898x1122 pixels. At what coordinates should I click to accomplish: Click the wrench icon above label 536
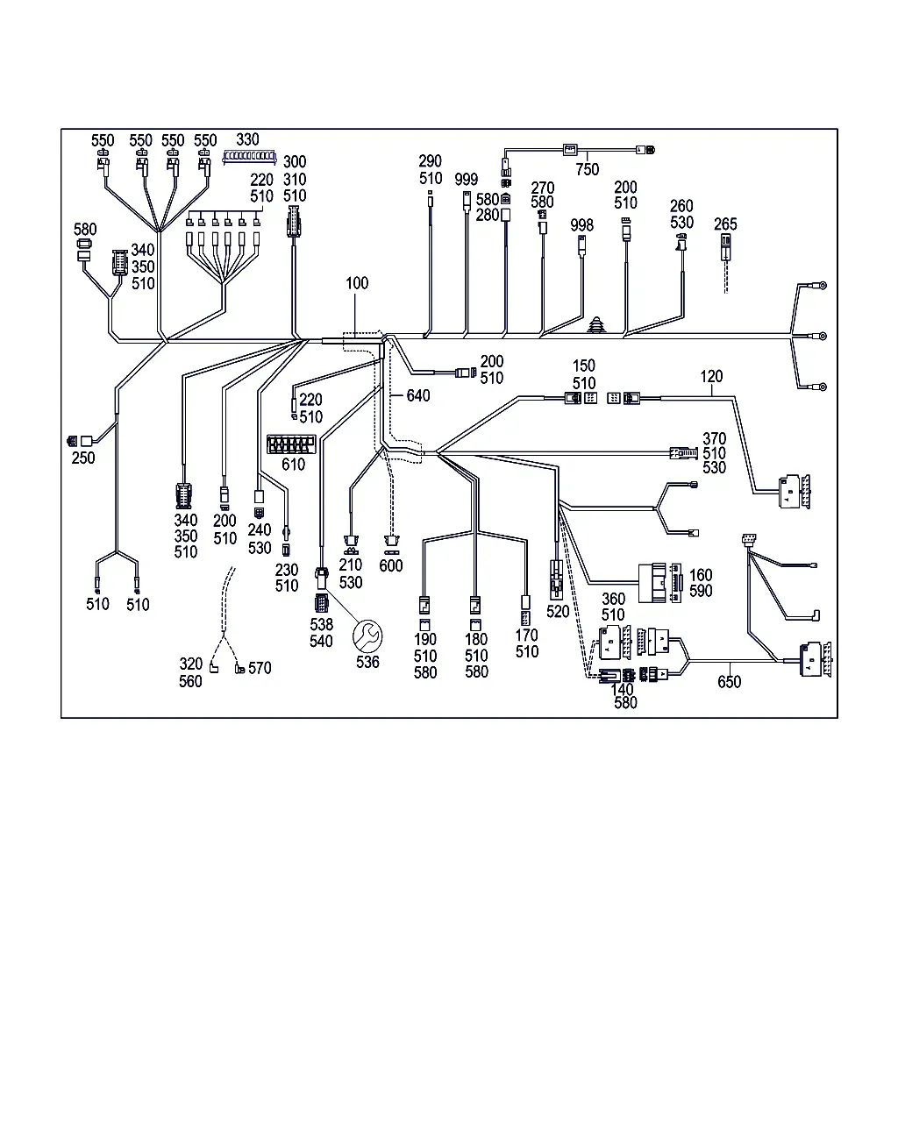click(x=367, y=636)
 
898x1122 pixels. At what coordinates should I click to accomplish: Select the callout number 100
click(x=357, y=283)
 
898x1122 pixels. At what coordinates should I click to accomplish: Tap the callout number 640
click(x=418, y=395)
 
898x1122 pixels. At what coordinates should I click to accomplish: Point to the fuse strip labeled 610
click(x=291, y=444)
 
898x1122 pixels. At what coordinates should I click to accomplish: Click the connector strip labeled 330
click(x=249, y=156)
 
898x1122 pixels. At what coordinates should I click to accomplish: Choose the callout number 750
click(x=587, y=169)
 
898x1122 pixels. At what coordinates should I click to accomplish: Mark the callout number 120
click(x=711, y=376)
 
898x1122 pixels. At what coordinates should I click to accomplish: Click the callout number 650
click(x=729, y=682)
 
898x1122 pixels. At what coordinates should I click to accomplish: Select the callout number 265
click(x=725, y=224)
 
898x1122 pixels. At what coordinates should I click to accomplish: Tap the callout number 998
click(x=581, y=225)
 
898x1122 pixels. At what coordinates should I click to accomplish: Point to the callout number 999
click(x=466, y=180)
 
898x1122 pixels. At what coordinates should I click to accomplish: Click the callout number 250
click(x=83, y=458)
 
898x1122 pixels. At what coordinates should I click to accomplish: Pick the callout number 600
click(x=391, y=565)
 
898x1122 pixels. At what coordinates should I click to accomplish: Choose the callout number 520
click(x=558, y=612)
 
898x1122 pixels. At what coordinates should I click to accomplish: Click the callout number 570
click(x=260, y=668)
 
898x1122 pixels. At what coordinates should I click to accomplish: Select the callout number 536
click(x=367, y=662)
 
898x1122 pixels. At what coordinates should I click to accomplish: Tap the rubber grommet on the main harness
click(x=597, y=325)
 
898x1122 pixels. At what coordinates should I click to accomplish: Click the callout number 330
click(x=247, y=139)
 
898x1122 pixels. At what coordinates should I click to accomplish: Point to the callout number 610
click(x=293, y=465)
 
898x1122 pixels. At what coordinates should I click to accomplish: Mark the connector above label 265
click(x=725, y=247)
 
